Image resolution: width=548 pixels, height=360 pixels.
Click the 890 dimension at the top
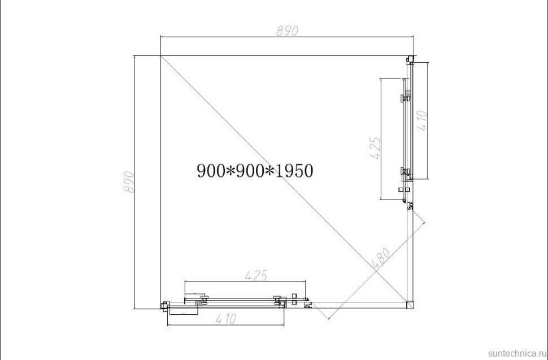(x=287, y=31)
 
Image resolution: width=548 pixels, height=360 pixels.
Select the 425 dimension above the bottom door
(x=256, y=275)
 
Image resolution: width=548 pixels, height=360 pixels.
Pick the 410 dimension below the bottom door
(x=224, y=319)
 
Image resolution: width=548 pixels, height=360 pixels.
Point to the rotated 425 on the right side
(x=375, y=148)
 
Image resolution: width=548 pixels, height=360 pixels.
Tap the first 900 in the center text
(x=211, y=170)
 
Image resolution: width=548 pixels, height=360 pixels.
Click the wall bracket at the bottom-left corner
(x=164, y=306)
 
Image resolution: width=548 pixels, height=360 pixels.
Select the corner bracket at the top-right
(x=410, y=59)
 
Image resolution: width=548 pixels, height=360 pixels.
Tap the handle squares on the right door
(x=404, y=190)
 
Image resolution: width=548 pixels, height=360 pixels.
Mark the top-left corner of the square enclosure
(x=161, y=56)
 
